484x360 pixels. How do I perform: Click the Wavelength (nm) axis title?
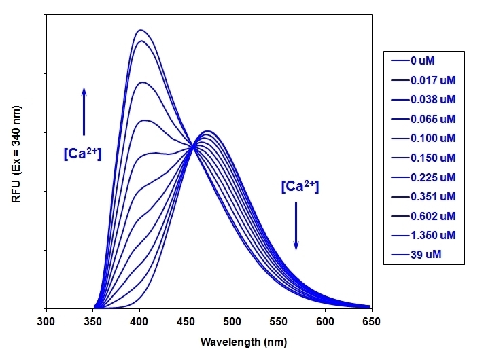[x=209, y=342]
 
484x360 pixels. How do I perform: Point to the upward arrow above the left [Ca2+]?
[x=84, y=111]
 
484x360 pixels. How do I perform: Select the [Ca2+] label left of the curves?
[x=82, y=154]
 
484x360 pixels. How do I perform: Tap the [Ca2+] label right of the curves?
[x=300, y=185]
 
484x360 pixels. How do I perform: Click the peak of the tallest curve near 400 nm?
[x=140, y=30]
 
